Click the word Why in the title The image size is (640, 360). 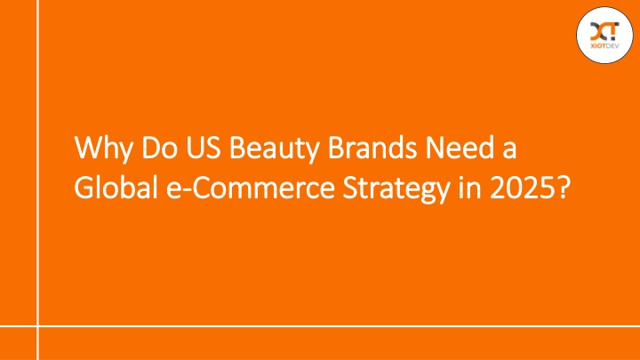click(x=103, y=148)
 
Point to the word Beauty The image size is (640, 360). click(x=274, y=149)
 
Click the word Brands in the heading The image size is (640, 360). click(x=372, y=147)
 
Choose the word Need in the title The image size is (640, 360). click(x=460, y=147)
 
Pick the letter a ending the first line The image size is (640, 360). click(x=509, y=150)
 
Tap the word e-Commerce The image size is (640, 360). click(x=250, y=188)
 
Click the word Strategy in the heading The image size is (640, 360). click(x=396, y=189)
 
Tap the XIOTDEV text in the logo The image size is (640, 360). click(x=604, y=46)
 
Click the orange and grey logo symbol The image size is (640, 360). click(x=604, y=31)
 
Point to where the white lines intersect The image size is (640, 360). click(x=38, y=326)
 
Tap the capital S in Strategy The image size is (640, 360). click(x=350, y=188)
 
